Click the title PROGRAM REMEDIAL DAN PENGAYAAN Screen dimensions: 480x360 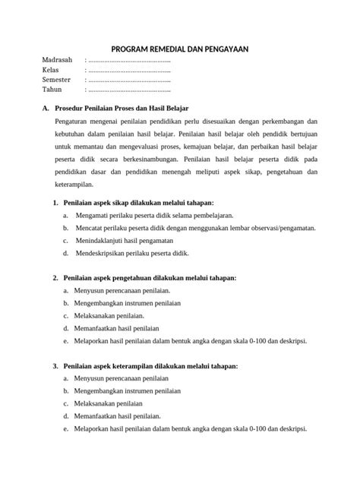coord(179,46)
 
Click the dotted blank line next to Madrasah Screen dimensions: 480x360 coord(129,60)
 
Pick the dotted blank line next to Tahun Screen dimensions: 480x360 coord(129,90)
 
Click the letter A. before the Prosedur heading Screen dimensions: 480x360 coord(46,109)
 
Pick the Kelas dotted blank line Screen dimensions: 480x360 coord(129,70)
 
